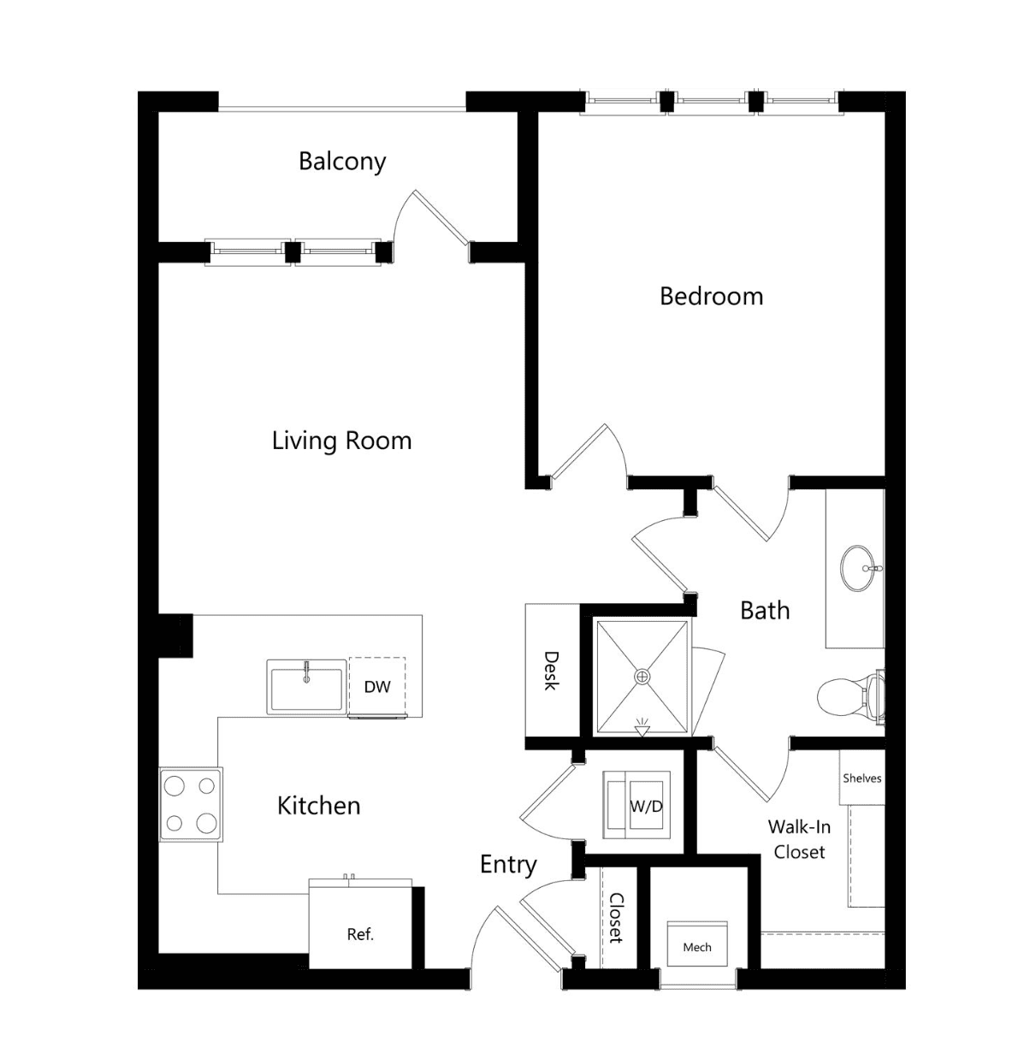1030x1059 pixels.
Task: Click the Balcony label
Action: (342, 162)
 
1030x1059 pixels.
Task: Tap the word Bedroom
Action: (711, 297)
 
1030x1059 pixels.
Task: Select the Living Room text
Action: (341, 441)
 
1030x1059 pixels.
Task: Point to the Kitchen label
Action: (319, 806)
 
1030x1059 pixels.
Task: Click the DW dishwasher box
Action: (377, 686)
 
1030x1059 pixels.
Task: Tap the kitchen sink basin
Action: (306, 687)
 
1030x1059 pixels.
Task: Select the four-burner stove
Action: (191, 805)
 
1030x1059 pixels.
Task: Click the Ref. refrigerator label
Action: (360, 935)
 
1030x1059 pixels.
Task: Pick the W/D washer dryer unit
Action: (636, 805)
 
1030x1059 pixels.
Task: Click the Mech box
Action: (697, 947)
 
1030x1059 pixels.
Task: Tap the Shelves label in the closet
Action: (861, 778)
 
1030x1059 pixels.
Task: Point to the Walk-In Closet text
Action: (799, 839)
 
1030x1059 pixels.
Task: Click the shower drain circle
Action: (642, 677)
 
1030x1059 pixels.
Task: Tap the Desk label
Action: (551, 671)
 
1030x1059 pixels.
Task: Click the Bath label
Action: (765, 611)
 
